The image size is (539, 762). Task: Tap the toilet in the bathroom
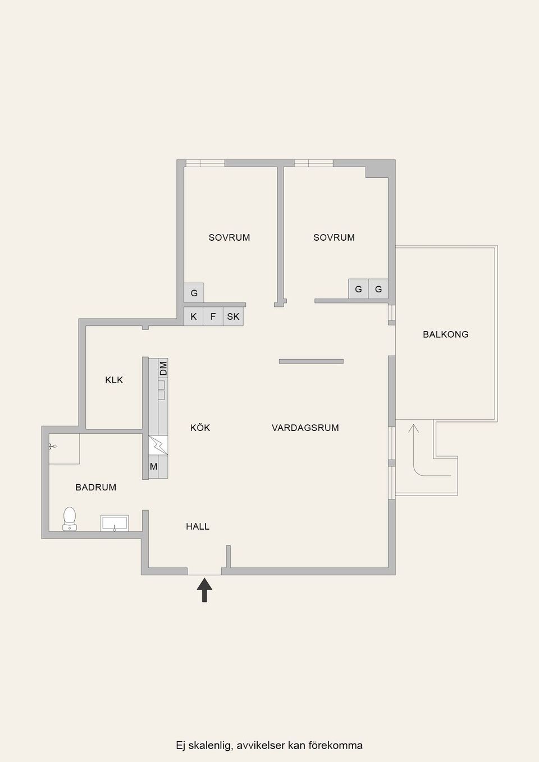tap(70, 519)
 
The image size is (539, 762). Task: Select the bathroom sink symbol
tap(115, 523)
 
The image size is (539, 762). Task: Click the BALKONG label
tap(445, 334)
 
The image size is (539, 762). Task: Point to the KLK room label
tap(114, 380)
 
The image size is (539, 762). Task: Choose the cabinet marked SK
tap(233, 316)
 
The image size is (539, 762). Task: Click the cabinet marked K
tap(194, 316)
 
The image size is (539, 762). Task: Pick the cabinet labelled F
tap(213, 316)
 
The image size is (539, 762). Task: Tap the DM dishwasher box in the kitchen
tap(163, 368)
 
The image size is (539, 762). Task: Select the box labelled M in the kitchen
tap(153, 467)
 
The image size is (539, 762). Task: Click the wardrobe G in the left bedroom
tap(194, 292)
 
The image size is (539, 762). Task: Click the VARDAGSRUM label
tap(305, 428)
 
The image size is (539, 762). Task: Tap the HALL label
tap(198, 526)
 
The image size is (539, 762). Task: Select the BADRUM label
tap(95, 488)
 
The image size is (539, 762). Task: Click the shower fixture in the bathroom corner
tap(52, 446)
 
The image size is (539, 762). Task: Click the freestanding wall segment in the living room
tap(311, 361)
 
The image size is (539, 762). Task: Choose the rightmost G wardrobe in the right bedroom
tap(378, 289)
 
